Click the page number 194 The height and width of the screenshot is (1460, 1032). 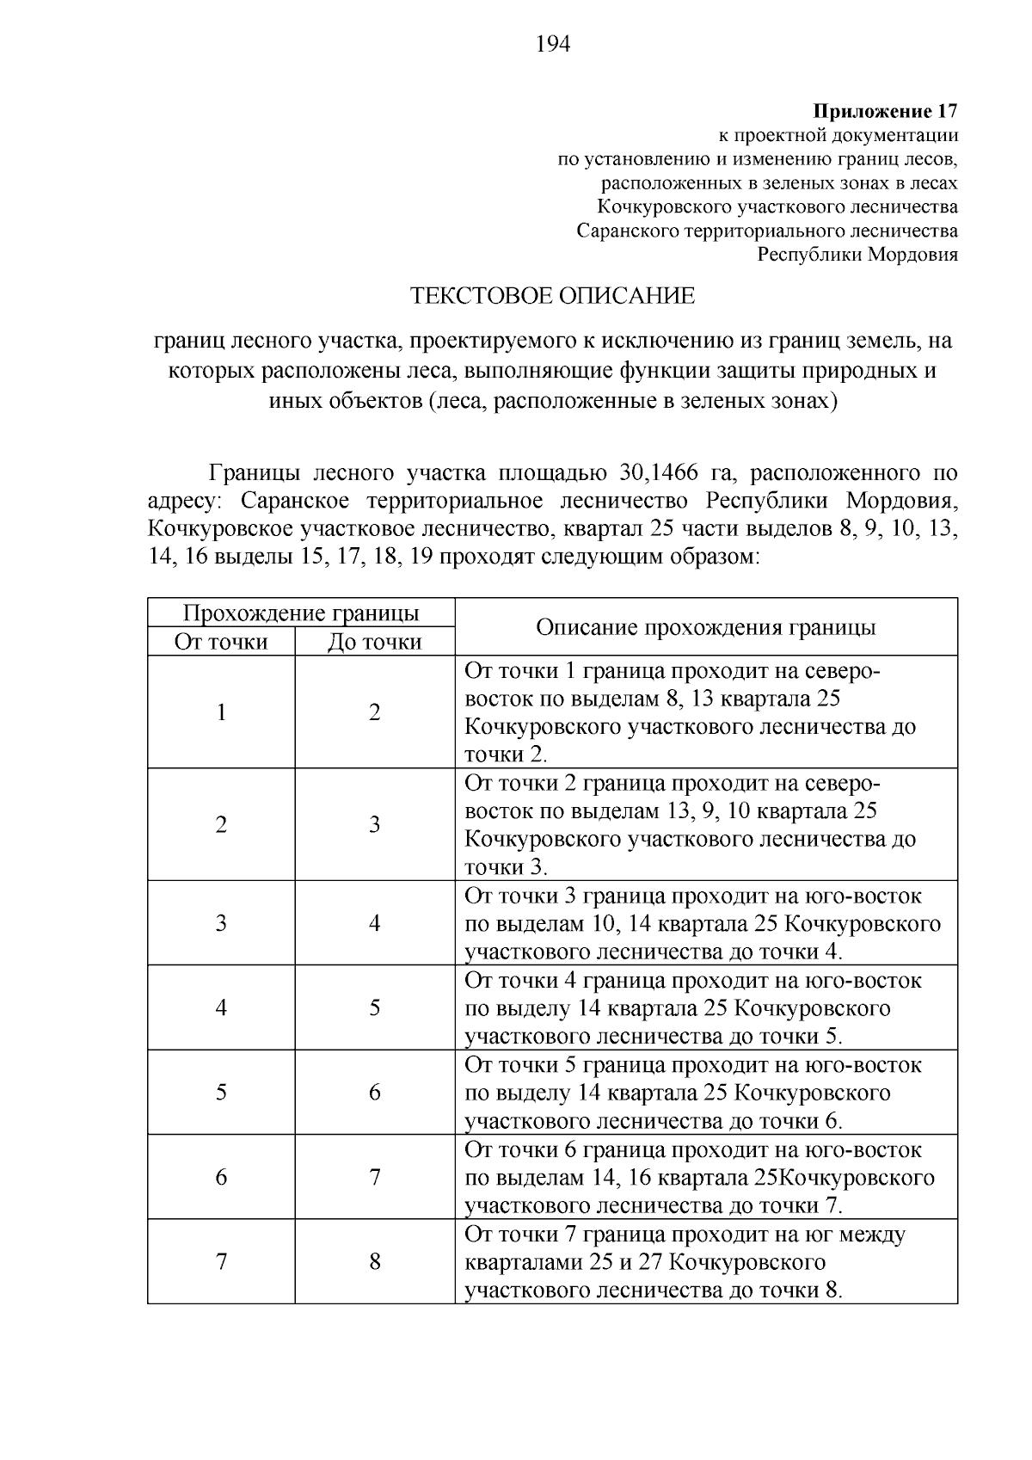point(553,45)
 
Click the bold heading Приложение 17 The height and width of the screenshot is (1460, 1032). point(885,111)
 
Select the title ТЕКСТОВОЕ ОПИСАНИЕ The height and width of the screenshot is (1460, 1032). point(552,297)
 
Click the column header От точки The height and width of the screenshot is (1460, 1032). point(221,642)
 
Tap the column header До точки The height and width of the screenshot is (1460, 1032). point(374,642)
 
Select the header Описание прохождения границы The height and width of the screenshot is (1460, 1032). point(705,627)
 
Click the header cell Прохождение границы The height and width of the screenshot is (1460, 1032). point(301,613)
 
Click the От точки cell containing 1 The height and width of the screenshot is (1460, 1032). point(221,712)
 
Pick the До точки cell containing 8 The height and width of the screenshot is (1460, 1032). point(374,1261)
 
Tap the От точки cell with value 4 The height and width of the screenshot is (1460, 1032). point(221,1007)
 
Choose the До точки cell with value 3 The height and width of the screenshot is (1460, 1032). point(374,824)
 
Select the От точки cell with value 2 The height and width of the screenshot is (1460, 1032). point(221,824)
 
